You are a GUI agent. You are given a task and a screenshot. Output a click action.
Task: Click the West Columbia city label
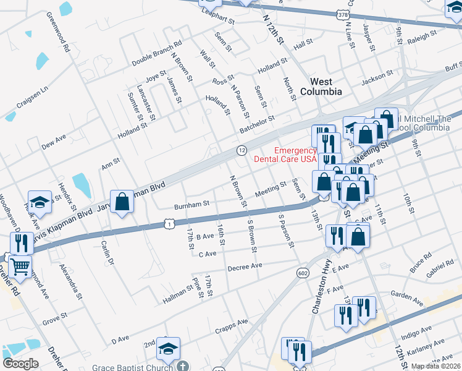click(x=321, y=87)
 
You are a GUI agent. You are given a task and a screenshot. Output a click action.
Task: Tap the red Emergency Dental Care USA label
click(x=295, y=155)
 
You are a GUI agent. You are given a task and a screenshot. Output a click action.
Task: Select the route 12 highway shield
click(x=242, y=151)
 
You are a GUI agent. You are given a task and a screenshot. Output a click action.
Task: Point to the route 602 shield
click(x=302, y=273)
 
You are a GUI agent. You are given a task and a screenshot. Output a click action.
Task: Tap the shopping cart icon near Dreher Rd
click(x=21, y=267)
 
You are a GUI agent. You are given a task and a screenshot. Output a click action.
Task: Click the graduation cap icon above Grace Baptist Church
click(x=167, y=349)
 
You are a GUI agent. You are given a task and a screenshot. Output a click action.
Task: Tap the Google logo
click(x=20, y=364)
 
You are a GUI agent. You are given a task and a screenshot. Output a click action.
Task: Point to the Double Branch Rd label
click(x=157, y=54)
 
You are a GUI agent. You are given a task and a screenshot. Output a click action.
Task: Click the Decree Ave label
click(x=245, y=267)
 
